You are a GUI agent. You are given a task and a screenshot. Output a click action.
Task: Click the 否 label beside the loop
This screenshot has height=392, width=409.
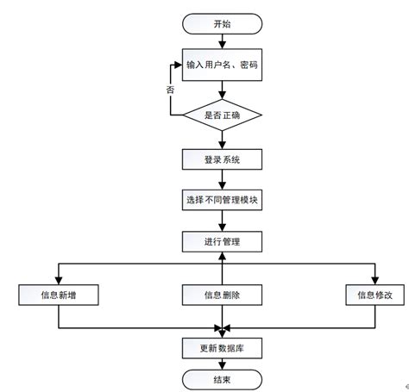click(x=172, y=89)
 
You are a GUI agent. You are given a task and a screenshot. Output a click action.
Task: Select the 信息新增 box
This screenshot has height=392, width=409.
click(x=57, y=296)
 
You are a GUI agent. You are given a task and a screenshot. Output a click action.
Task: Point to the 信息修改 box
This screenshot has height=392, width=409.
click(x=374, y=296)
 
